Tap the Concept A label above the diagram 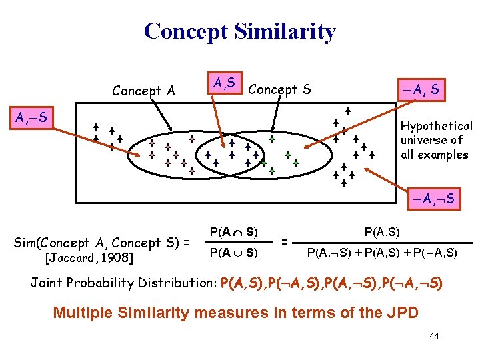(x=143, y=90)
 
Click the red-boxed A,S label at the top (x=223, y=83)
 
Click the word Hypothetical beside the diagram (x=437, y=126)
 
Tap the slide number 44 (x=434, y=336)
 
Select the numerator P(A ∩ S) (x=234, y=233)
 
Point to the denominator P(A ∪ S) (x=234, y=253)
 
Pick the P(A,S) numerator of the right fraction (x=382, y=232)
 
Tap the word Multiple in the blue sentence (x=81, y=311)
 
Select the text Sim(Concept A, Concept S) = (x=102, y=243)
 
